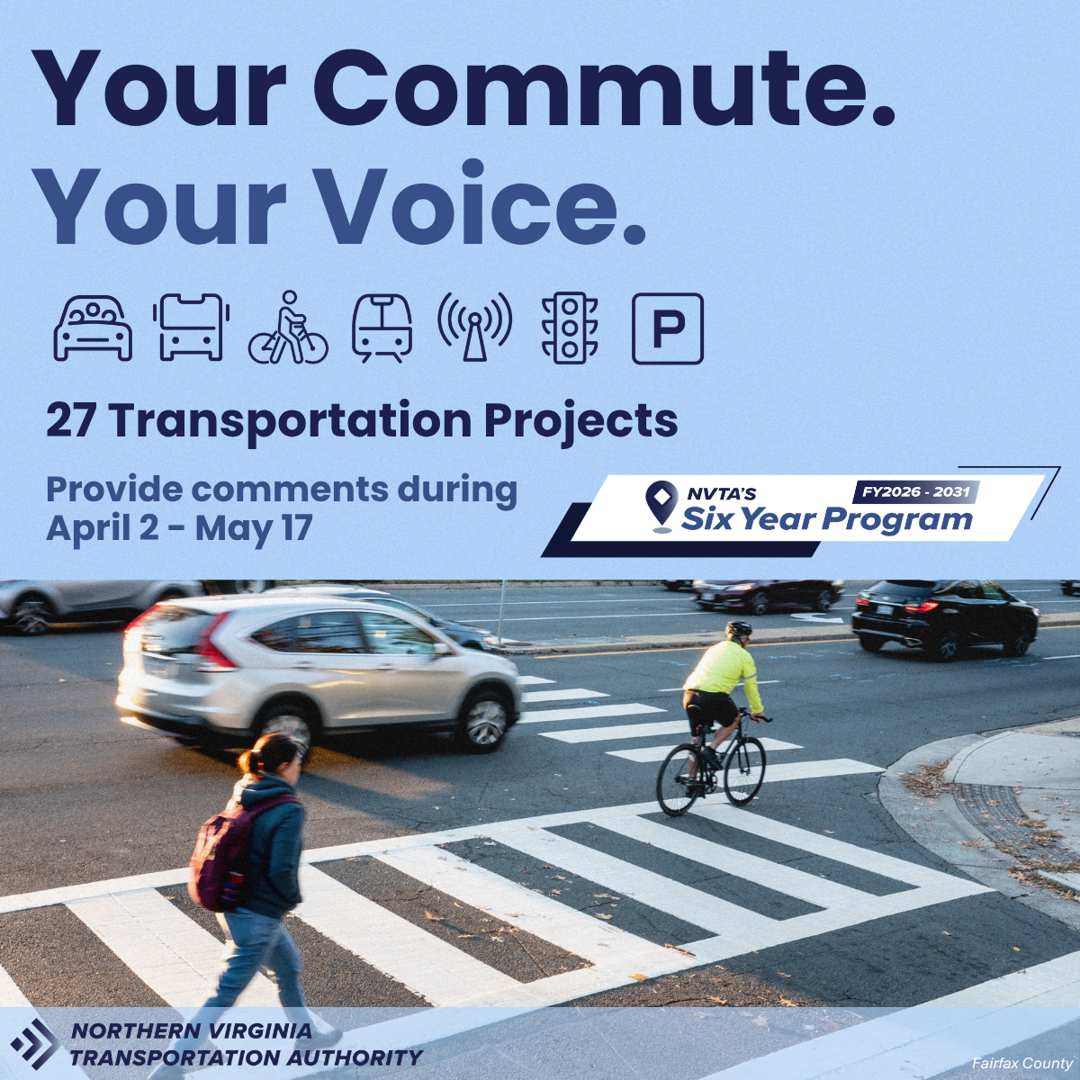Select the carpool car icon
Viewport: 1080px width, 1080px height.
(93, 328)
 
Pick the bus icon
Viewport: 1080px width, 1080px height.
(191, 328)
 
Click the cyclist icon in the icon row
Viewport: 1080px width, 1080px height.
(288, 328)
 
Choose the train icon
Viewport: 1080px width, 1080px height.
(382, 328)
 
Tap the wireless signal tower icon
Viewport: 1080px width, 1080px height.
(474, 327)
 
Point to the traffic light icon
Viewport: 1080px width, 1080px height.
(570, 328)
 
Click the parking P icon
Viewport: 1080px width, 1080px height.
(668, 328)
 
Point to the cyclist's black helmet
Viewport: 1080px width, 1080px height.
(738, 629)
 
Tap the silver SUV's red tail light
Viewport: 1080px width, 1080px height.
(214, 643)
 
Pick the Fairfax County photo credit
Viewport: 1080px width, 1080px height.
(1022, 1063)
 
